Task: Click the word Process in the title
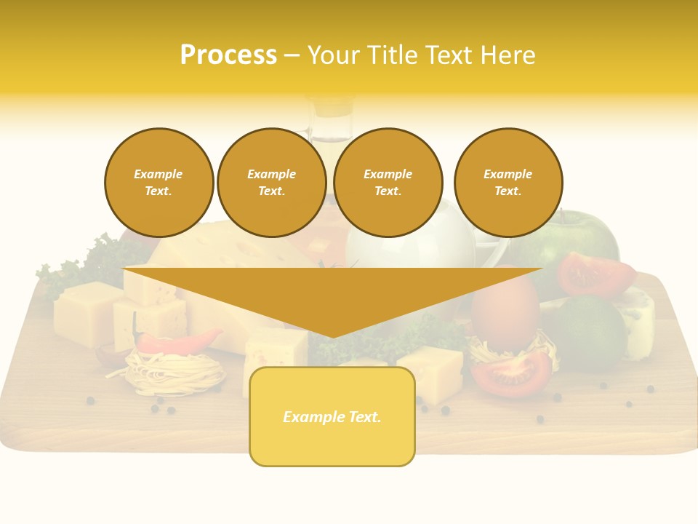pos(228,55)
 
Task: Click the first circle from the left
pos(159,183)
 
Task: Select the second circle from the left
pos(272,183)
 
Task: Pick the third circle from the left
pos(388,183)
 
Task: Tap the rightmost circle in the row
pos(508,183)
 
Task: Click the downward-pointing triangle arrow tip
pos(332,331)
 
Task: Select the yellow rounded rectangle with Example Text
pos(332,416)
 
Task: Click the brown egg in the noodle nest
pos(505,309)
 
